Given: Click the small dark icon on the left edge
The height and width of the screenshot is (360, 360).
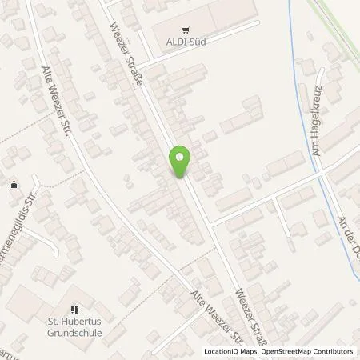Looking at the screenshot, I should pyautogui.click(x=14, y=186).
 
